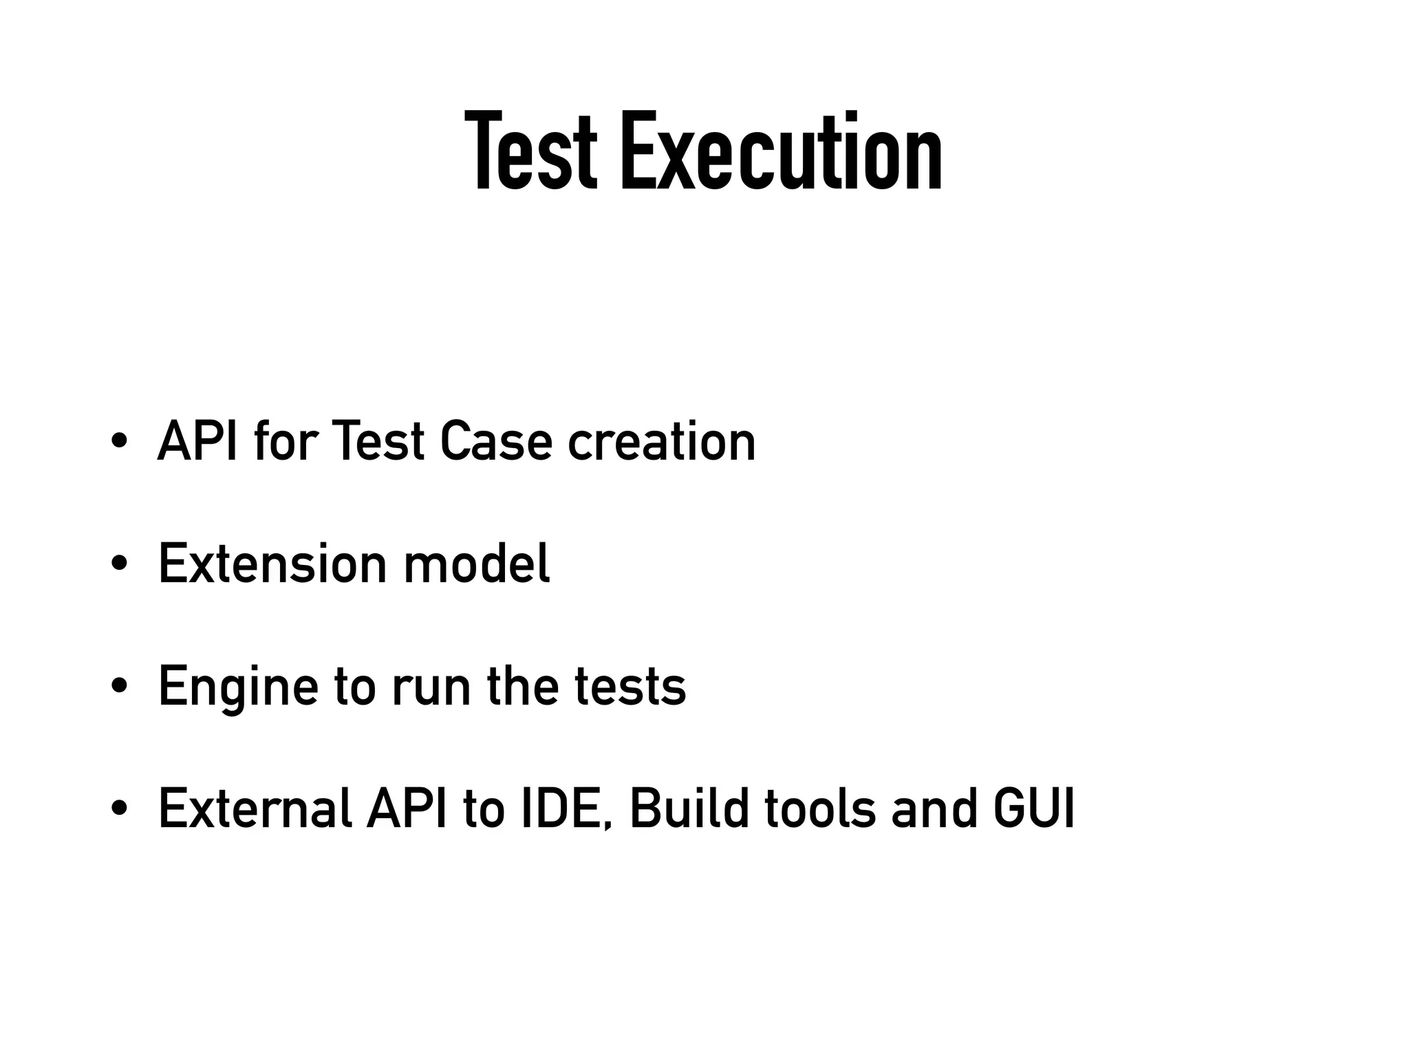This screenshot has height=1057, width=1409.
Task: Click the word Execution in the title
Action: (x=781, y=153)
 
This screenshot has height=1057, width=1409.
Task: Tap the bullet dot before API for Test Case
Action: (x=119, y=440)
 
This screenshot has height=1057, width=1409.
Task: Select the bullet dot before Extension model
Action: (x=119, y=564)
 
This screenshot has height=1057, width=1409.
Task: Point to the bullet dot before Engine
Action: (x=119, y=686)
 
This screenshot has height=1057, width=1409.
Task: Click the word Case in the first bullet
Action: (x=496, y=441)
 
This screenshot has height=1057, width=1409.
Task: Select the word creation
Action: (x=661, y=441)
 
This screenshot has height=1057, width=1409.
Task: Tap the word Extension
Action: (x=272, y=564)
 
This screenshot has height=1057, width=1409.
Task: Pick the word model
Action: (x=477, y=564)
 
